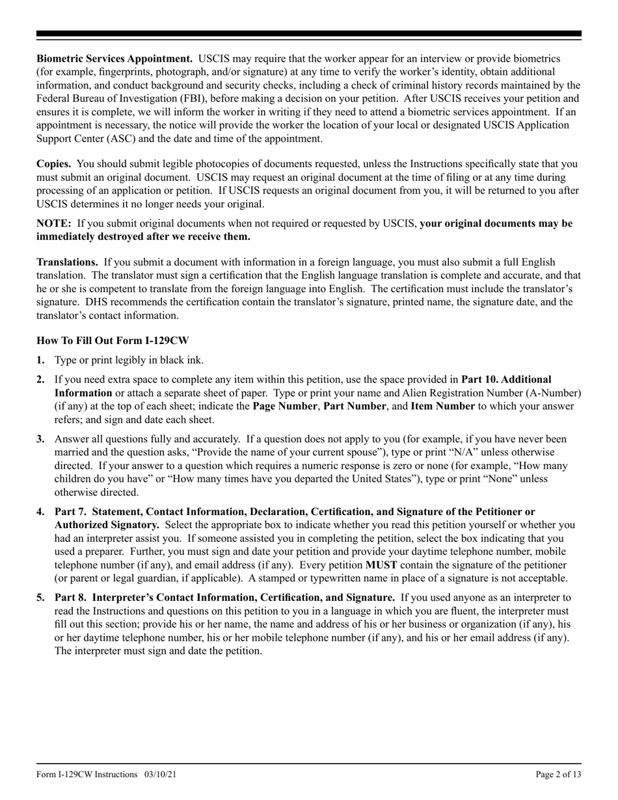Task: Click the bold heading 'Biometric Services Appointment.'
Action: [x=114, y=59]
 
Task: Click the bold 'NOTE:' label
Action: [x=54, y=223]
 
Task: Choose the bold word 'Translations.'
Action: [x=67, y=262]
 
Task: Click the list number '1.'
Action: [x=41, y=360]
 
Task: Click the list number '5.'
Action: [x=41, y=597]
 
